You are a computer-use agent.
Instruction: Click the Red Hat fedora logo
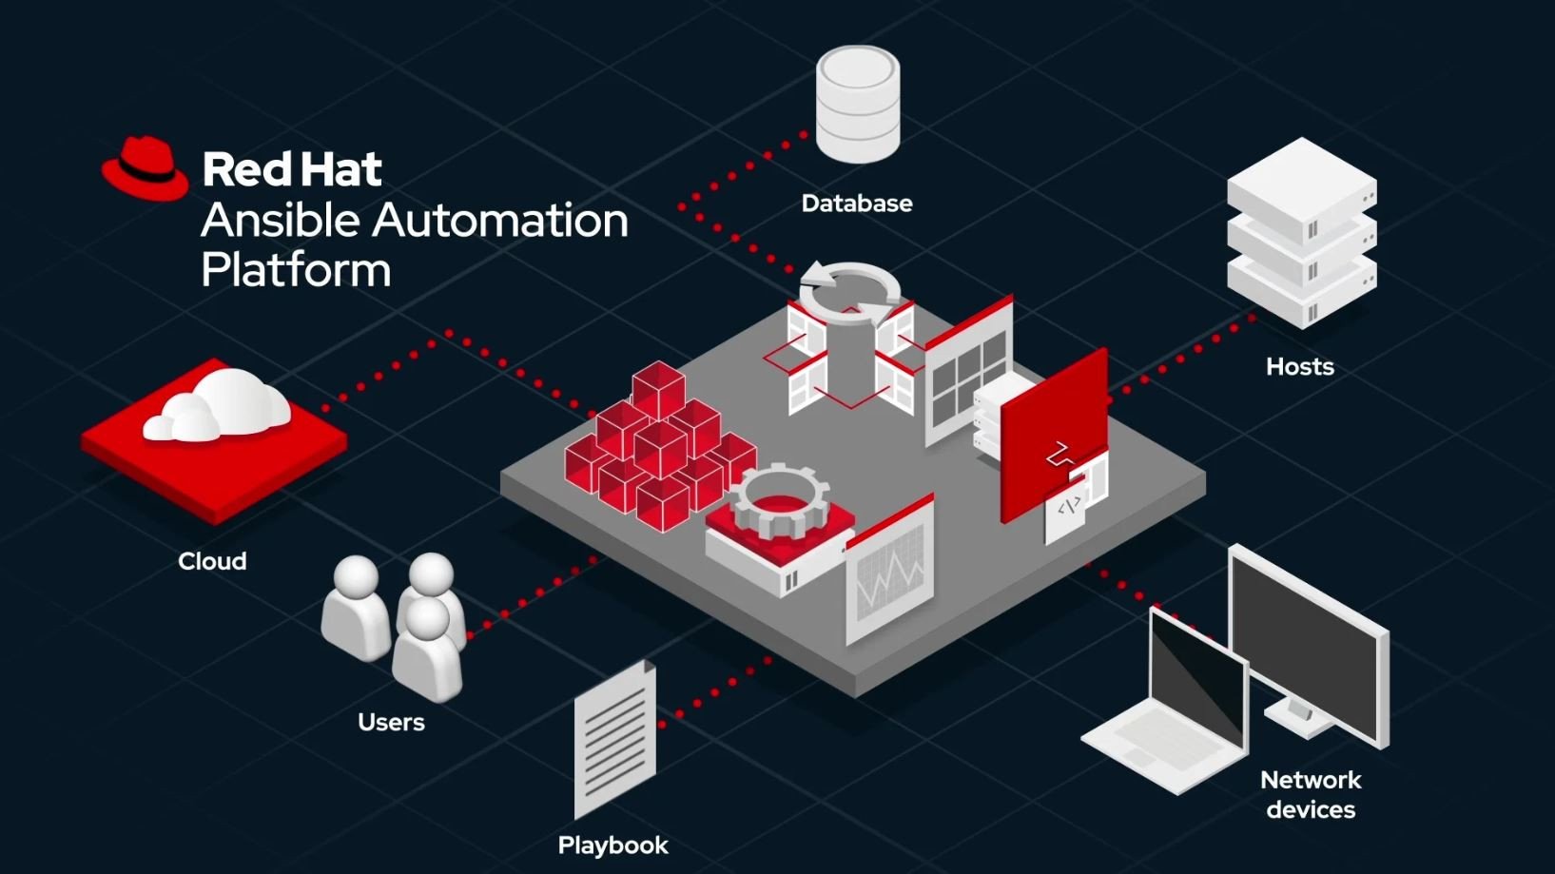point(145,169)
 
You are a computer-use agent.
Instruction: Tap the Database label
point(856,204)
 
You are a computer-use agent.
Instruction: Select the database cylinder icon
point(857,104)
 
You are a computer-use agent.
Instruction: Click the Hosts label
point(1299,367)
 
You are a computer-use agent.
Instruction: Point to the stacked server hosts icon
point(1301,233)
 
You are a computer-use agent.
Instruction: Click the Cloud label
point(212,561)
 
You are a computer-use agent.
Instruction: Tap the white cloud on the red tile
point(219,406)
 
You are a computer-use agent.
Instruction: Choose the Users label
point(391,722)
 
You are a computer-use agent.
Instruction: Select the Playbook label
point(612,845)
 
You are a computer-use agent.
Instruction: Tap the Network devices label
point(1311,795)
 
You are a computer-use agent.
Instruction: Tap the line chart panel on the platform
point(890,576)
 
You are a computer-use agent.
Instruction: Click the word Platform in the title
point(296,270)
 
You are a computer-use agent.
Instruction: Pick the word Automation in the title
point(499,221)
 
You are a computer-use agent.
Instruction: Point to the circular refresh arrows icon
point(849,287)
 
